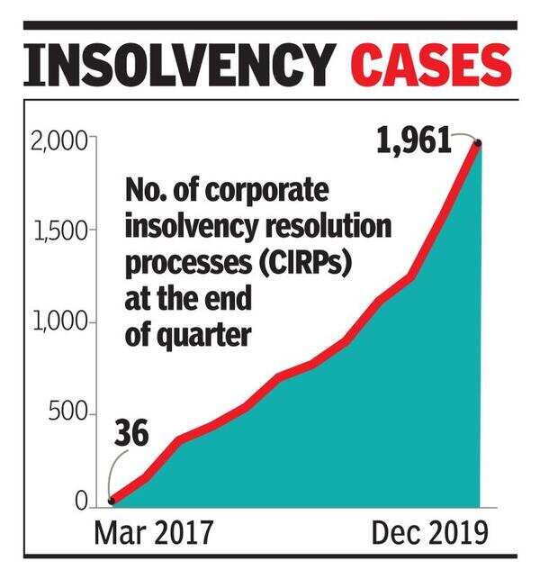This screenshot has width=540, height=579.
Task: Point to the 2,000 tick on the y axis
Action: click(x=55, y=141)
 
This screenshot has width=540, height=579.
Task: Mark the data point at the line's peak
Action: click(x=478, y=143)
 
